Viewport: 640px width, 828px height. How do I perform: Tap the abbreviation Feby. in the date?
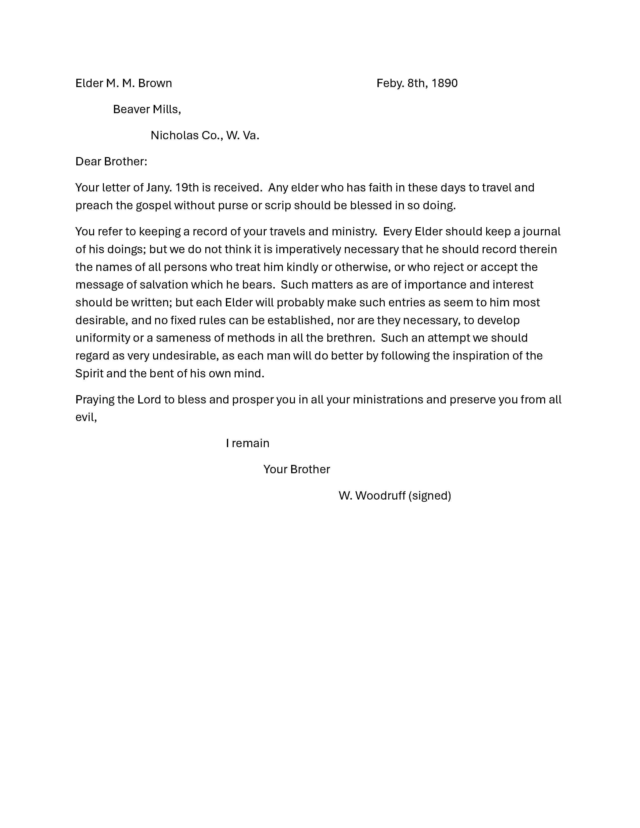coord(390,83)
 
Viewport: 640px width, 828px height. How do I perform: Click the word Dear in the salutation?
coord(88,162)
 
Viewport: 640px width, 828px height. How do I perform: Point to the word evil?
coord(85,418)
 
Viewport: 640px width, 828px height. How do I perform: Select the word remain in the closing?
coord(251,444)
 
